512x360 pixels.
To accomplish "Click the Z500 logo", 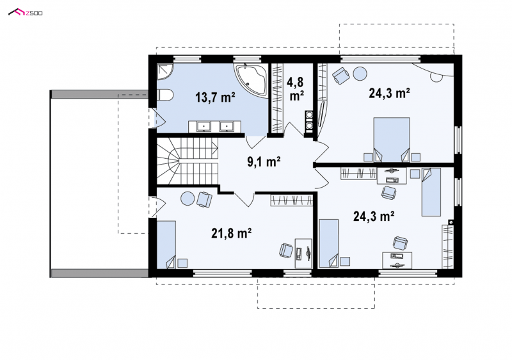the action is (x=25, y=13).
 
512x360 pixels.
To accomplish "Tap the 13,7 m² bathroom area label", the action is (x=216, y=97).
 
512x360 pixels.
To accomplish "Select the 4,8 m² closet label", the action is (x=296, y=88).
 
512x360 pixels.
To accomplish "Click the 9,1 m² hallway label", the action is (x=264, y=161).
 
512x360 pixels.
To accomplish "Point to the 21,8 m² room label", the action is (x=232, y=233).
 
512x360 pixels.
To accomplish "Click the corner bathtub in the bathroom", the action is (x=251, y=79).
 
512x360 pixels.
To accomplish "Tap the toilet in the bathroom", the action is (x=165, y=95).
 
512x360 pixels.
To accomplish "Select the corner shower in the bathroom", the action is (x=164, y=71).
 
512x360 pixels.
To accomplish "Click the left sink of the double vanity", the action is (x=204, y=126).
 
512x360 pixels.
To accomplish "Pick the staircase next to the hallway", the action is (x=187, y=161).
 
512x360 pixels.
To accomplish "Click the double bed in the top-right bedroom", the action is (x=392, y=140).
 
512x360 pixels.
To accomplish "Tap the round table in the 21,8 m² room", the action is (x=188, y=199).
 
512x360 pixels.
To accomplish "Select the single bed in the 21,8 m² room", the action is (x=166, y=245).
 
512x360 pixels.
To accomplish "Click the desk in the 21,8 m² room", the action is (x=303, y=254).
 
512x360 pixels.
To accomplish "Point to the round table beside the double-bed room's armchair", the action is (x=361, y=74).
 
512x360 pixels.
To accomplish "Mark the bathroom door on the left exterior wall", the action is (x=157, y=118).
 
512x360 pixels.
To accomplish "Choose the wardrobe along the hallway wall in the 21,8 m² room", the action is (x=292, y=200).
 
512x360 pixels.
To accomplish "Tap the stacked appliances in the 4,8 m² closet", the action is (x=309, y=120).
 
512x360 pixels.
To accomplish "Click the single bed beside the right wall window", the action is (x=431, y=192).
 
